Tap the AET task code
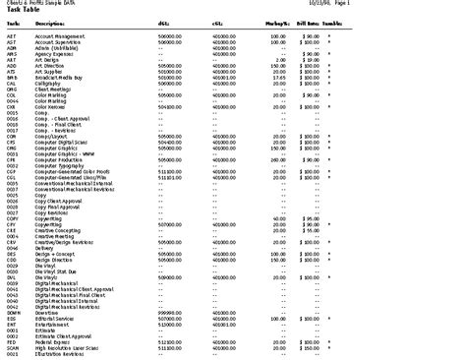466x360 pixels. (11, 34)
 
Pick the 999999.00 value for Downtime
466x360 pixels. (168, 312)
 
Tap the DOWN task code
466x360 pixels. (13, 312)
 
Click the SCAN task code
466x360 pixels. (13, 347)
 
